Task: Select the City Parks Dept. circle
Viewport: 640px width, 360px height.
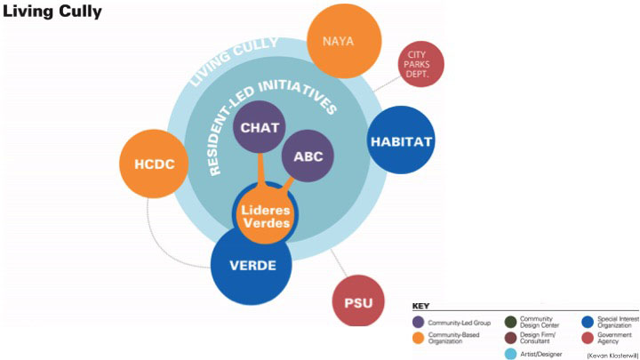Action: coord(421,65)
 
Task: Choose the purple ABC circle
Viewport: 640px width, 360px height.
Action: coord(308,156)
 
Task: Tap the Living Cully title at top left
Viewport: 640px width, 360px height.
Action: coord(52,12)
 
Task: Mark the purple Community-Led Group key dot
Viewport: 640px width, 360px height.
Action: coord(419,323)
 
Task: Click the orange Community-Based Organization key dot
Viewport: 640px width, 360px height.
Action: coord(419,339)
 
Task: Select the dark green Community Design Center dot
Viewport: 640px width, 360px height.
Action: coord(511,322)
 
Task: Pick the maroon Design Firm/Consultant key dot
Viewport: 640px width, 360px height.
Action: coord(511,338)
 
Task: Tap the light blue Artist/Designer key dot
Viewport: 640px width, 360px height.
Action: coord(511,354)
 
